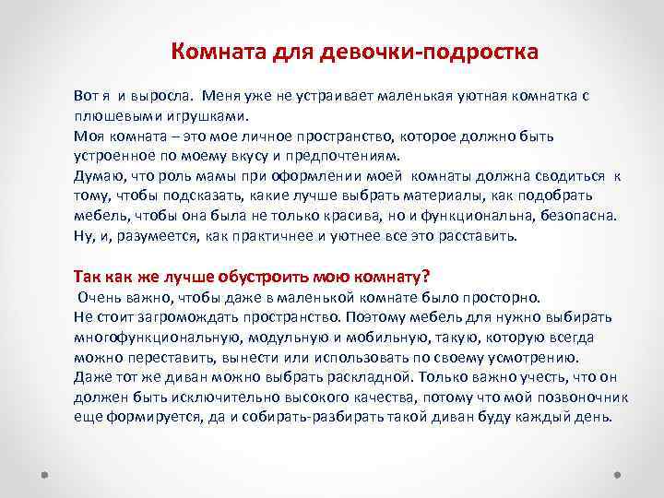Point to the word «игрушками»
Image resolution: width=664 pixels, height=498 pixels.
pos(204,117)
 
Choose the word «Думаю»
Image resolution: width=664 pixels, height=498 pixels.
pos(96,176)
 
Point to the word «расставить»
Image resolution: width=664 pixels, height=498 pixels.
pos(474,235)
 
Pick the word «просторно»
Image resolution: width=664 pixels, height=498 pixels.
pos(505,299)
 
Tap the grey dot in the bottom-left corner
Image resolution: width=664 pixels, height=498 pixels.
pos(42,474)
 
